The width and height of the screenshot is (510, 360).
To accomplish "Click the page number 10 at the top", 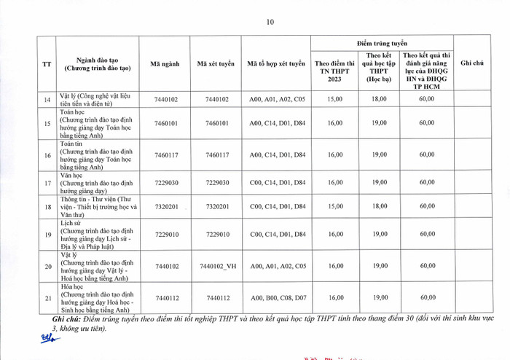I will (270, 22).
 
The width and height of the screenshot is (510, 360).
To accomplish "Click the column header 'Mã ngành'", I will (165, 64).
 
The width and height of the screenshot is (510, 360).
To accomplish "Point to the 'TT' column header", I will (47, 64).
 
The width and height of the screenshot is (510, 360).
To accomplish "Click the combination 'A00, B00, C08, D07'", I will (277, 297).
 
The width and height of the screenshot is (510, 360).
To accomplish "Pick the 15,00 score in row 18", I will (335, 206).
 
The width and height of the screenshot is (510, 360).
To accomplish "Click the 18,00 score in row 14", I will (379, 99).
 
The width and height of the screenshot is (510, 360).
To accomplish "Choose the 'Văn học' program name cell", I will (102, 182).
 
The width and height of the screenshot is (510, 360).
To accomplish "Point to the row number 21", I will (47, 297).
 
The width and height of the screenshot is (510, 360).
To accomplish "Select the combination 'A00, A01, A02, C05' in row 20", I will (277, 266).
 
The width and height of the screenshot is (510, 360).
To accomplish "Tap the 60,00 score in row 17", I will (427, 182).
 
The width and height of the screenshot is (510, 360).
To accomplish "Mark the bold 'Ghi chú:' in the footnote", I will (68, 319).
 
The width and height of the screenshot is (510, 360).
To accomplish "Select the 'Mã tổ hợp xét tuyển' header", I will (276, 64).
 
